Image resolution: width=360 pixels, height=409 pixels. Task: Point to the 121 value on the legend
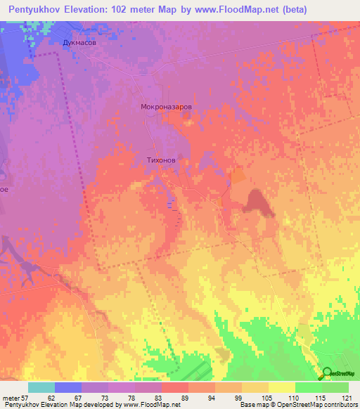(x=342, y=398)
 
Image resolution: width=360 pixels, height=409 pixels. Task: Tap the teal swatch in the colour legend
(x=41, y=387)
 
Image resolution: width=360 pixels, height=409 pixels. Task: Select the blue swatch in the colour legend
(x=67, y=387)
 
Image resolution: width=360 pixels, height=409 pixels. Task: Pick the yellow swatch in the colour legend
(x=281, y=387)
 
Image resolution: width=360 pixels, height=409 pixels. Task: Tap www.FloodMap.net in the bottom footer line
(x=148, y=405)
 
